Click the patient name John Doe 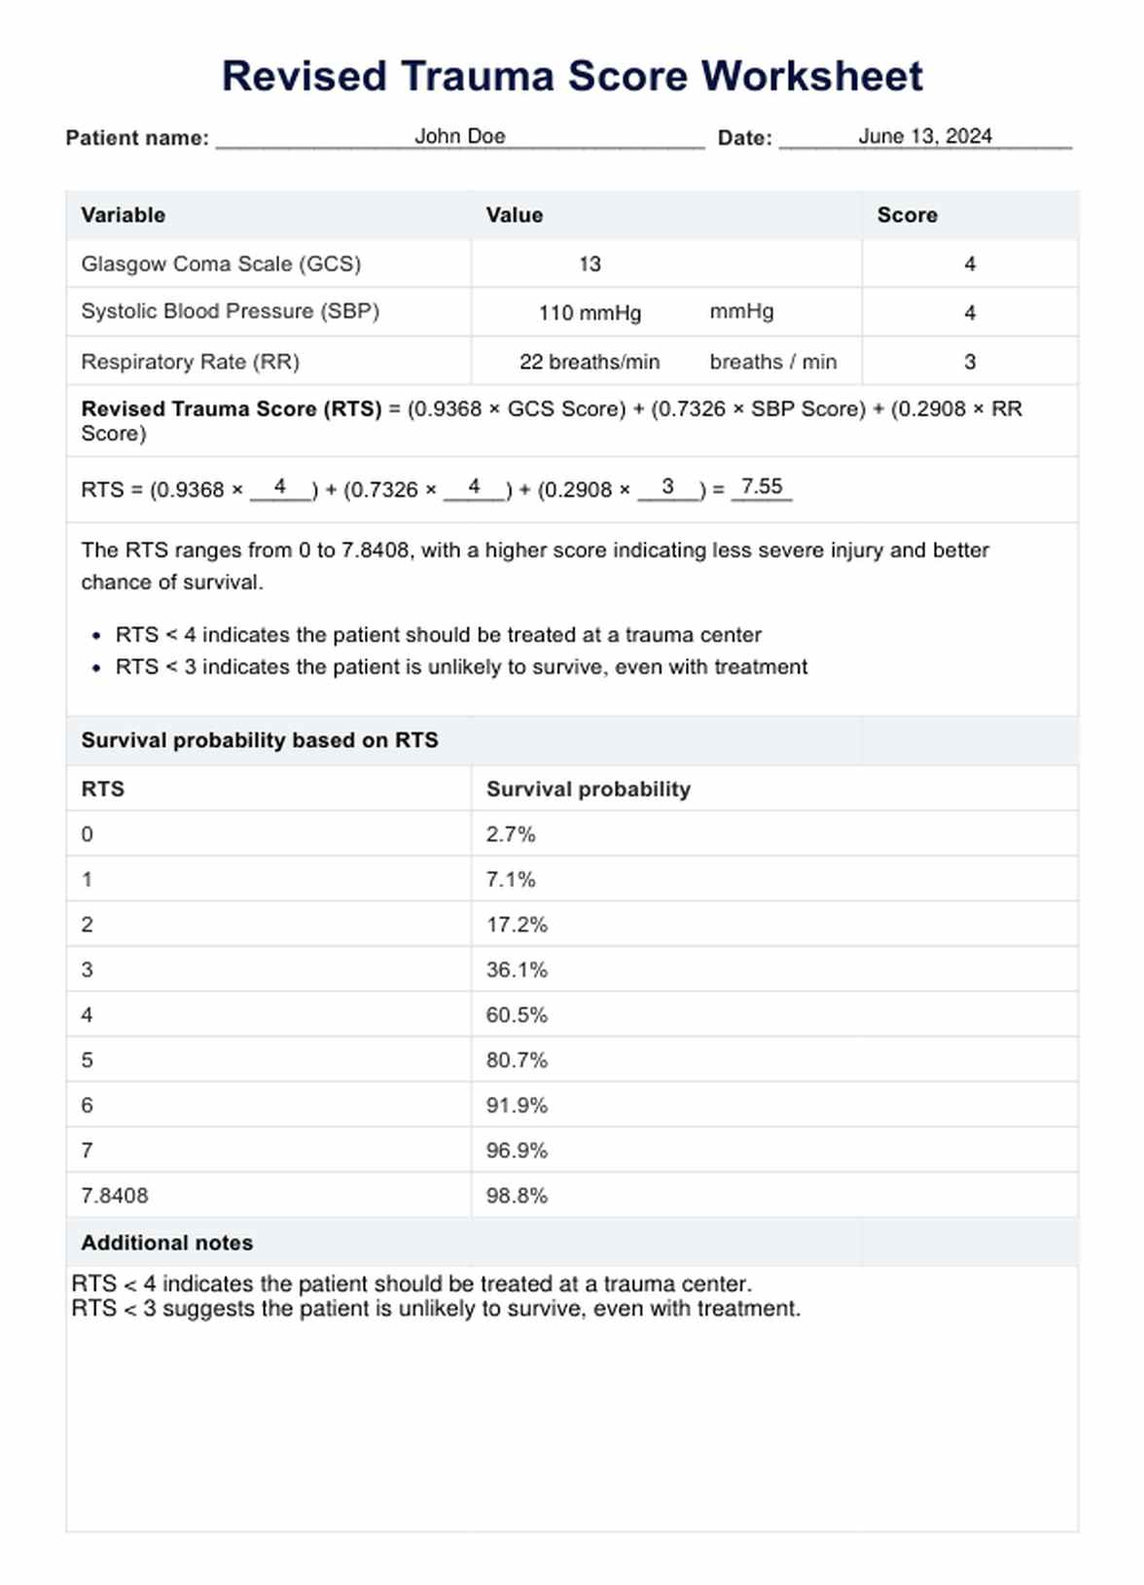459,136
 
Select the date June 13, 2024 924,136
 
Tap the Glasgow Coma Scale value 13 590,264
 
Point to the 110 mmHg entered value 590,313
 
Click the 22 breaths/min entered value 590,362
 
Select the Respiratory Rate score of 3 969,362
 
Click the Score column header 907,215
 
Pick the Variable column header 123,215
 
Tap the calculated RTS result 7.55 761,486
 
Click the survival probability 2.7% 511,834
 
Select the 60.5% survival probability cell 517,1015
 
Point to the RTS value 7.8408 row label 115,1196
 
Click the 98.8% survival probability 517,1196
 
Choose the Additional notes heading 166,1243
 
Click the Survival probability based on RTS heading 260,740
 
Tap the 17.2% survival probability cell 517,925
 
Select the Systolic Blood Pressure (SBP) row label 230,311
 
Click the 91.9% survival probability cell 517,1106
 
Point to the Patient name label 137,138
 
